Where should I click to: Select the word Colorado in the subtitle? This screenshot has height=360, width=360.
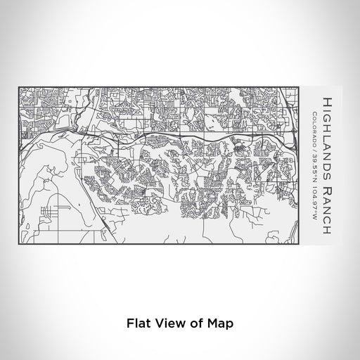point(313,125)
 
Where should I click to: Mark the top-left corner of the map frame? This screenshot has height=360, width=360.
point(19,87)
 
